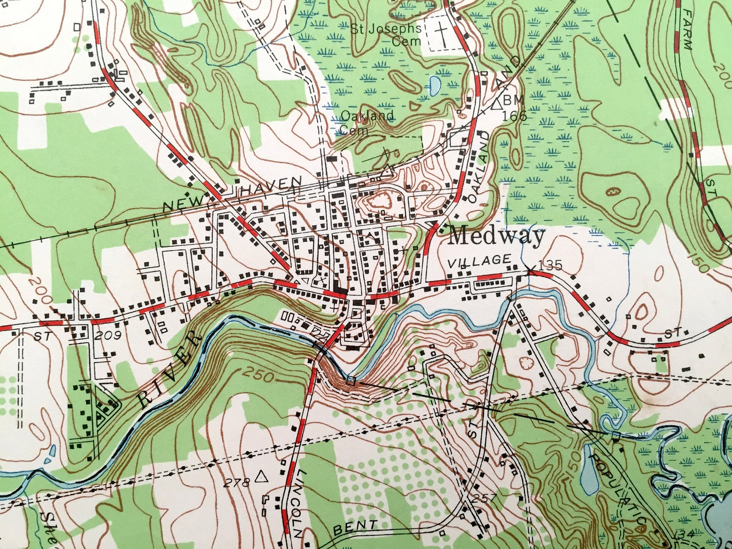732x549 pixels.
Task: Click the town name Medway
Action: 497,236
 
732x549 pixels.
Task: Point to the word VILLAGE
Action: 479,260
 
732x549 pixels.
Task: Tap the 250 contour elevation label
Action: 259,375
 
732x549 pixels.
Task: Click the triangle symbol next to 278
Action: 261,477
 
